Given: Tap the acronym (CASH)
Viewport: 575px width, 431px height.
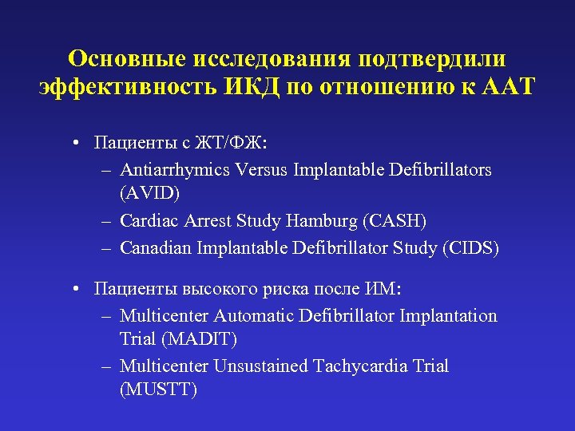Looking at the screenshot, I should [396, 220].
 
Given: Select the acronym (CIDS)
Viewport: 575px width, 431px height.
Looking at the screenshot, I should [470, 247].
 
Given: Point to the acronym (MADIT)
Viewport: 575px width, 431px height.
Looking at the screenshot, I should [199, 338].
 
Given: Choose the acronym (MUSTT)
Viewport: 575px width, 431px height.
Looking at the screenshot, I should [157, 389].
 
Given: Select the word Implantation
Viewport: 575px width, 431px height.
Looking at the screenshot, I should [448, 316].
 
